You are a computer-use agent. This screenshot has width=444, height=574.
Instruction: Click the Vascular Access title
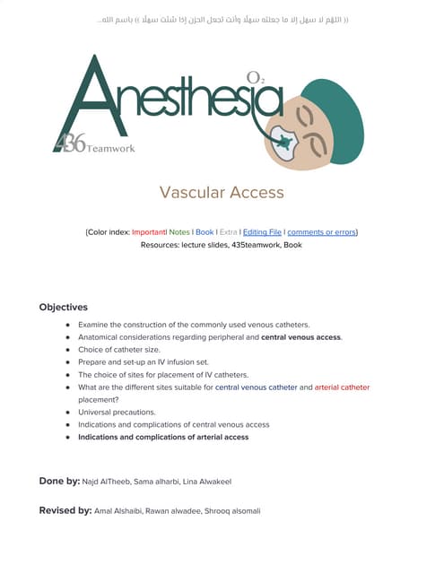click(x=222, y=192)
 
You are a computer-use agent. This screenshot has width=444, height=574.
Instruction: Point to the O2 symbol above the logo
click(x=254, y=79)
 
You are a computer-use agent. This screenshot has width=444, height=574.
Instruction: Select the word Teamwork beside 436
click(x=110, y=148)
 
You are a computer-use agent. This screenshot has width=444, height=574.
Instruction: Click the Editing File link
click(x=269, y=231)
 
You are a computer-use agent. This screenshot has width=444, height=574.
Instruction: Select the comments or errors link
click(x=326, y=231)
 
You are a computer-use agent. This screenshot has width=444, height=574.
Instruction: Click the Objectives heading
click(x=63, y=307)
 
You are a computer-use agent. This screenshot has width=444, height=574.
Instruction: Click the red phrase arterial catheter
click(x=342, y=387)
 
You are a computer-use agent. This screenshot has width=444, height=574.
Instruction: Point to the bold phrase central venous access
click(x=300, y=337)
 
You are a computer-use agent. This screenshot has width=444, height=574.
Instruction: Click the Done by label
click(x=60, y=481)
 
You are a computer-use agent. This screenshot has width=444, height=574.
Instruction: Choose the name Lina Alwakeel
click(x=208, y=482)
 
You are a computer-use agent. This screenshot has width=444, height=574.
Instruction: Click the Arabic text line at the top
click(x=222, y=20)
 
